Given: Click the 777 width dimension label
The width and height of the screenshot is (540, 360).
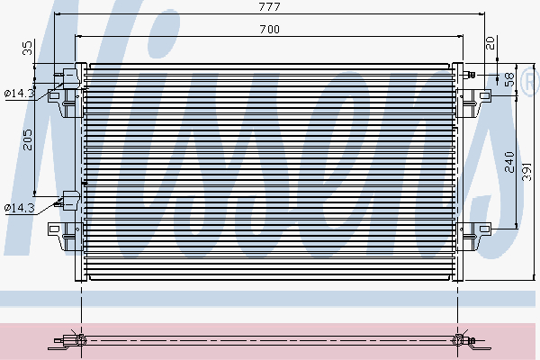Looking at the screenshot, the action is point(269,6).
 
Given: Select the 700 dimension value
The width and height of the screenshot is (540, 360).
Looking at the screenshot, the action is point(269,30).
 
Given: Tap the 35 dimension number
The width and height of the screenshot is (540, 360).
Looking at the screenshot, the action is point(27,48).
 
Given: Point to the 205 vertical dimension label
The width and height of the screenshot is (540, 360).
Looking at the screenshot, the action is point(27,139).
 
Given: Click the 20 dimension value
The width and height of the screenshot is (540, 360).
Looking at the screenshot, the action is point(490,43).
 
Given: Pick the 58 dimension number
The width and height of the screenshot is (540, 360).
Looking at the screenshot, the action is point(509,79).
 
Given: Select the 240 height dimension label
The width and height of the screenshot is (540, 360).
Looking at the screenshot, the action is point(509,162).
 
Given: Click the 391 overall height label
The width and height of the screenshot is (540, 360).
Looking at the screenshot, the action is point(526,172).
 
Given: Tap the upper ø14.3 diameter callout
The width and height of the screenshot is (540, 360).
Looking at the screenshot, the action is point(20,93).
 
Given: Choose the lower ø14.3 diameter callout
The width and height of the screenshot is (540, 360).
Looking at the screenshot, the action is point(20,208).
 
